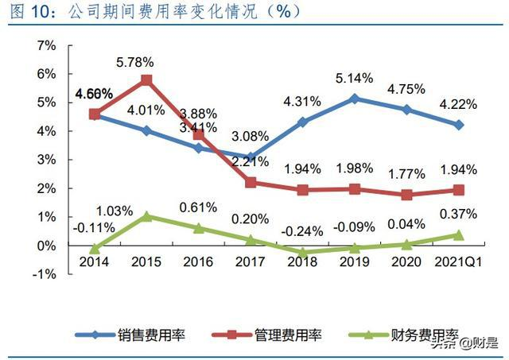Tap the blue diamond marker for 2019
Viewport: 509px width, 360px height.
pos(354,99)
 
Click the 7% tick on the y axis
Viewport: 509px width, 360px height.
pos(45,45)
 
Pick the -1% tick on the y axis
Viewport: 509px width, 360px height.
pos(44,274)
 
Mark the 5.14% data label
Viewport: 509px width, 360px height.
pos(353,79)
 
